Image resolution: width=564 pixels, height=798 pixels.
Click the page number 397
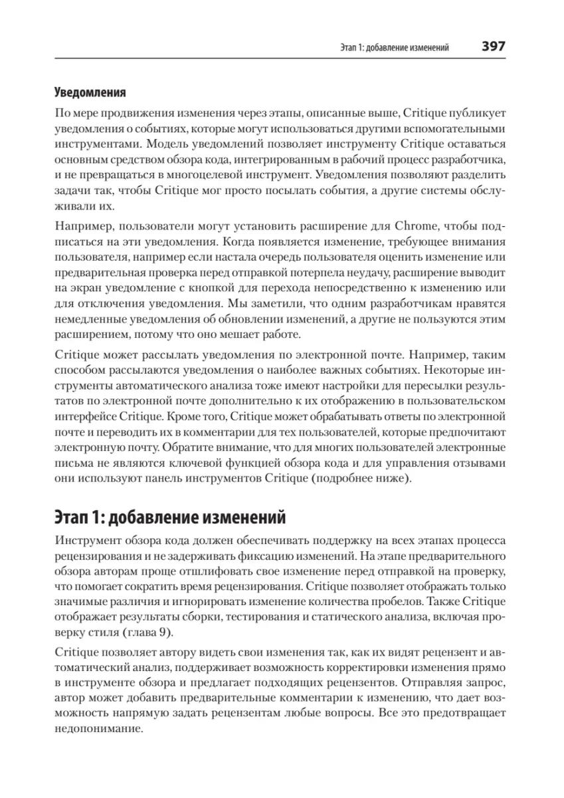click(x=490, y=47)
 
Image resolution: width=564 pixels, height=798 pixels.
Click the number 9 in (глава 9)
click(x=165, y=632)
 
